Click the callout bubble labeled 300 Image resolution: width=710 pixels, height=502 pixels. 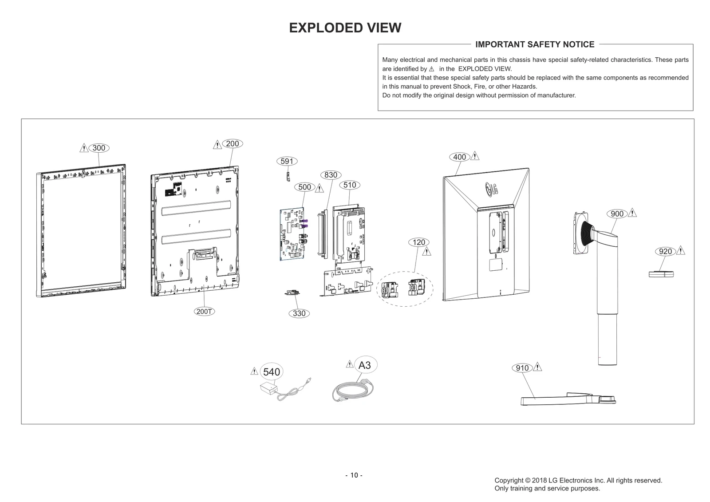click(x=99, y=148)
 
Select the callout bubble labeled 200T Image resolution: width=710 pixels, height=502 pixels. click(x=205, y=311)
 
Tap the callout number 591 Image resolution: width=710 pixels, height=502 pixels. click(x=287, y=161)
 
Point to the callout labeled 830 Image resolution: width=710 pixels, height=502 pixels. click(x=331, y=175)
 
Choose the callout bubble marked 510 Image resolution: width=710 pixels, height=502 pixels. click(x=350, y=185)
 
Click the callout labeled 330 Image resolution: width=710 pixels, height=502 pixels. click(x=299, y=313)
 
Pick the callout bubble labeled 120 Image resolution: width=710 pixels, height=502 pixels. click(x=419, y=242)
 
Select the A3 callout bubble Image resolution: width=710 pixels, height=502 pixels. click(x=364, y=365)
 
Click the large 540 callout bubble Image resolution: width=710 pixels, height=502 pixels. click(x=272, y=372)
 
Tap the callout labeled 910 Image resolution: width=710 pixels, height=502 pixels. click(x=522, y=368)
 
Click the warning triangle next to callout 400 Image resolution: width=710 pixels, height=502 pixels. click(x=475, y=156)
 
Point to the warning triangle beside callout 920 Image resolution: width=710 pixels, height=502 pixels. click(x=681, y=250)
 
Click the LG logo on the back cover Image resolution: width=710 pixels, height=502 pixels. click(x=490, y=189)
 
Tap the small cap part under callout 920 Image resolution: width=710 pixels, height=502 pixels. click(x=661, y=274)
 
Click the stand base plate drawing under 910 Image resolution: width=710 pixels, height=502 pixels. click(x=568, y=399)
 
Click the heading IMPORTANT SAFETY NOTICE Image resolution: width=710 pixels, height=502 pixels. click(x=535, y=44)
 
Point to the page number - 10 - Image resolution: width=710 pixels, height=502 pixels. click(x=354, y=475)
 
